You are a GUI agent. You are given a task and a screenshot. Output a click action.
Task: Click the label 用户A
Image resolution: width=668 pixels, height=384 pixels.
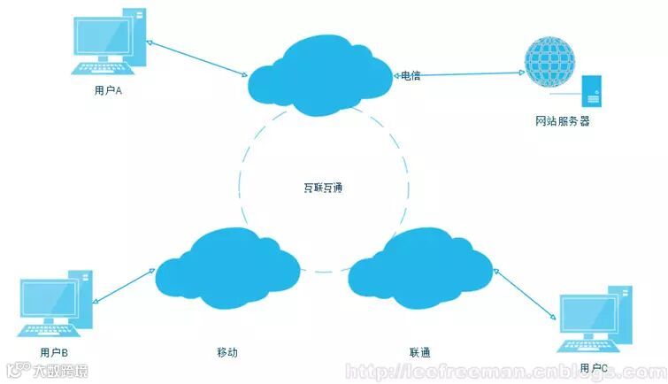point(106,91)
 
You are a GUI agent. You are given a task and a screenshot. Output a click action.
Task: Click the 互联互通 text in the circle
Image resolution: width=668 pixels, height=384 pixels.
point(321,188)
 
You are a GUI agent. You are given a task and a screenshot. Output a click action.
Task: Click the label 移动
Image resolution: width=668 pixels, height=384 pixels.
point(227,352)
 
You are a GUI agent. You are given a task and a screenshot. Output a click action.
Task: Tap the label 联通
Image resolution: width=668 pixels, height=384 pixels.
point(420,352)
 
